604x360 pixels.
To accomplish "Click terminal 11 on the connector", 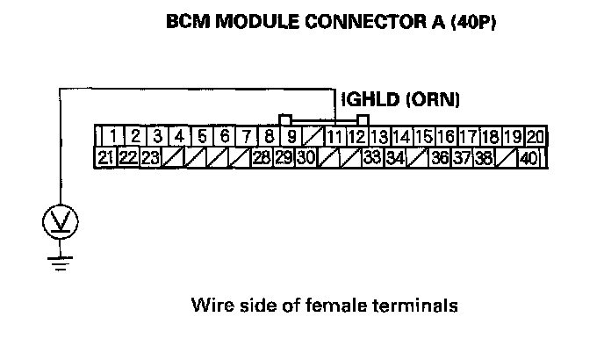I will pos(334,137).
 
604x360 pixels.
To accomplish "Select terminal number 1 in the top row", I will pos(114,137).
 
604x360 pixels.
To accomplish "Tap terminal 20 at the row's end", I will pos(535,137).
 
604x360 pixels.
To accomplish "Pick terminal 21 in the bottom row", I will pos(105,158).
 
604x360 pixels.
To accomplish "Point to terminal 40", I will pos(528,158).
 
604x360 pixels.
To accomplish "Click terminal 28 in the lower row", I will pos(261,158).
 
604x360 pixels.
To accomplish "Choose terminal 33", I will pos(370,158).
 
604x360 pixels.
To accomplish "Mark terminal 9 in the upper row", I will pos(291,137).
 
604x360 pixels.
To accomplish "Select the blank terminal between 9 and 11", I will pos(313,137).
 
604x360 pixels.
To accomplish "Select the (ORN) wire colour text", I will pos(429,101).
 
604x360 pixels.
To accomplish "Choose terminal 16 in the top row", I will pos(445,137).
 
